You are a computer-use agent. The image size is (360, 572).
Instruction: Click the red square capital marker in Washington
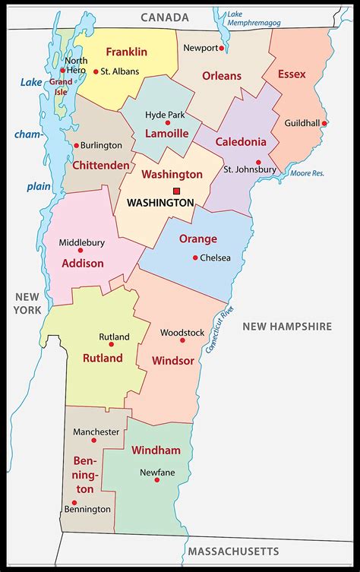coord(176,191)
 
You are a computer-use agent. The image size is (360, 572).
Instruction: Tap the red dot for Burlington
coord(77,145)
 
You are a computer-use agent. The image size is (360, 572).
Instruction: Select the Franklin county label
coord(126,52)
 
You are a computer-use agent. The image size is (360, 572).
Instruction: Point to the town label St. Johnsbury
coord(249,169)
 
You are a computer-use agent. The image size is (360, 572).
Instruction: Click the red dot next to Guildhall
coord(324,123)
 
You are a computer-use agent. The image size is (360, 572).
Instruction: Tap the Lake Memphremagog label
coord(254,19)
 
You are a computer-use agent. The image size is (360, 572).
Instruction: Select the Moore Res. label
coord(308,173)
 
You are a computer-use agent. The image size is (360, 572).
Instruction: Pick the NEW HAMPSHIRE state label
coord(287,326)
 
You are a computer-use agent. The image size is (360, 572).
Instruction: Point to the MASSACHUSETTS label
coord(233,551)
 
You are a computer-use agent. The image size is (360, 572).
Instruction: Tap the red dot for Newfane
coord(157,480)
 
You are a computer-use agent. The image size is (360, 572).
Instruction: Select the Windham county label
coord(156,450)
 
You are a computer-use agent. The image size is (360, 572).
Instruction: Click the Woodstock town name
coord(182,332)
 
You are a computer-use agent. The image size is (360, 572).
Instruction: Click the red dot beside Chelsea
coord(195,258)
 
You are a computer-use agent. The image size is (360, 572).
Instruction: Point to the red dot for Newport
coord(221,48)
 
